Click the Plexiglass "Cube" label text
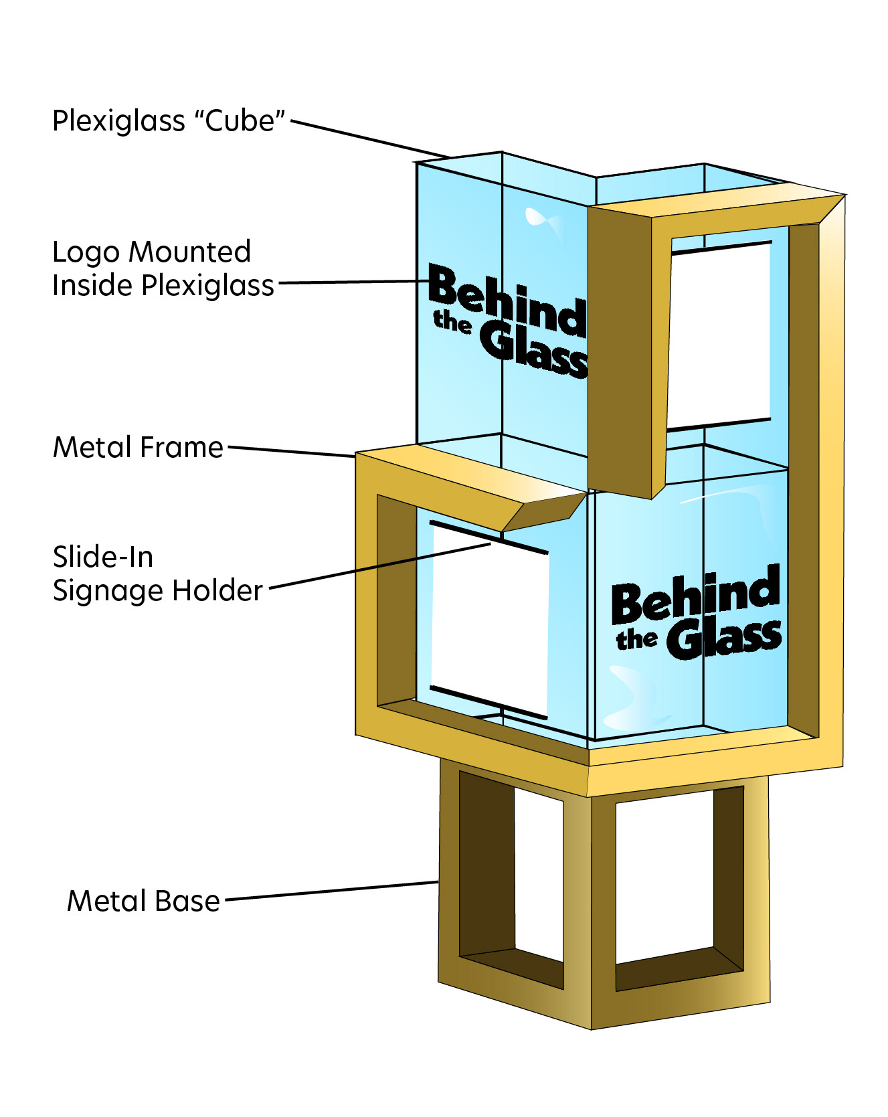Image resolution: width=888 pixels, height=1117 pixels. (x=169, y=121)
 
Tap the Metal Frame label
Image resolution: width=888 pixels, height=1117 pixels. (x=138, y=447)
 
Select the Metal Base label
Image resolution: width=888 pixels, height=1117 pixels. (x=143, y=901)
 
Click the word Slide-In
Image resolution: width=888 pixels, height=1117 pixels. (x=103, y=557)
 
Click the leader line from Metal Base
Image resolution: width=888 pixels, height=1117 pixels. (x=331, y=891)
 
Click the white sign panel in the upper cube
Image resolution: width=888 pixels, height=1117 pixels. (x=719, y=335)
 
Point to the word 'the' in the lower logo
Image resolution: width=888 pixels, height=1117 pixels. (x=636, y=639)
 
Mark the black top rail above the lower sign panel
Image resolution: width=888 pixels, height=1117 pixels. (x=489, y=537)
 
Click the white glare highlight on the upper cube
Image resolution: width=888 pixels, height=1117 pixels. (x=542, y=220)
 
